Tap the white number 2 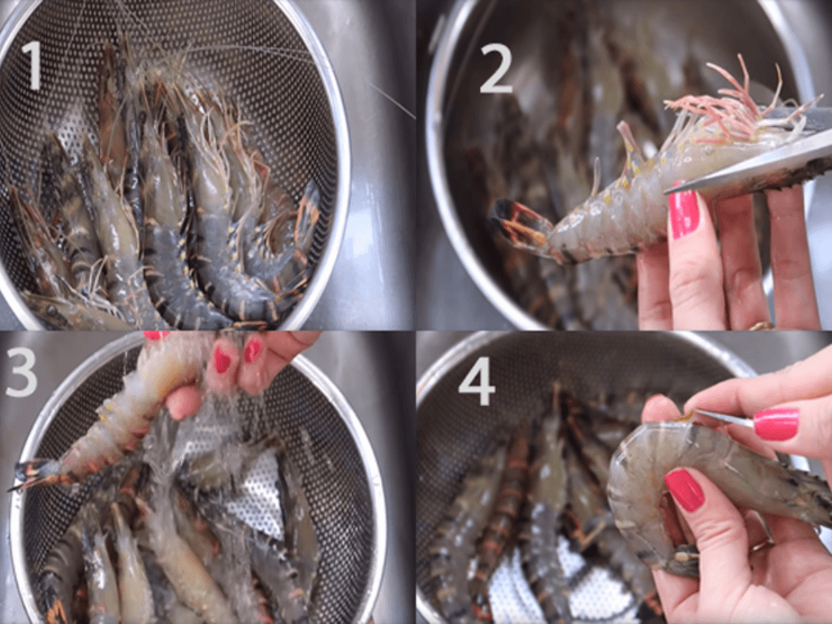[496, 69]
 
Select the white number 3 [21, 371]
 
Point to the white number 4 [477, 382]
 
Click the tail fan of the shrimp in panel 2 [519, 223]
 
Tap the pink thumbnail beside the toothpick [776, 424]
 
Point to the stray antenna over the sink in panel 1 [392, 100]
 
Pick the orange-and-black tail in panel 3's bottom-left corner [56, 610]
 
